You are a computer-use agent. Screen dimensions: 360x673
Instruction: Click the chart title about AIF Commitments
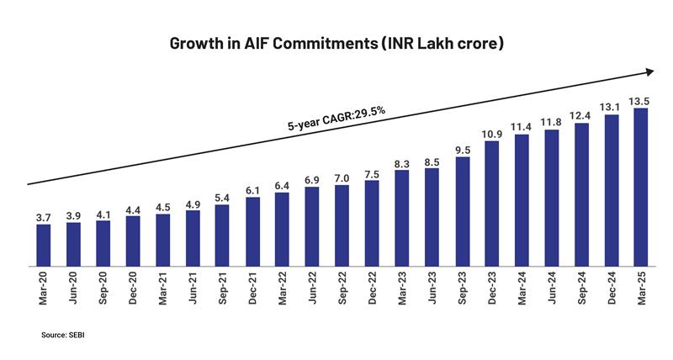click(336, 42)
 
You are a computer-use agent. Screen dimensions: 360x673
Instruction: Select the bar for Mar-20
click(44, 245)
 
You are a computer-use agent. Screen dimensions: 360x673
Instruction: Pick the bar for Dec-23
click(491, 204)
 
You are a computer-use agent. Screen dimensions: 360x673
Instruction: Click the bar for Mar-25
click(641, 187)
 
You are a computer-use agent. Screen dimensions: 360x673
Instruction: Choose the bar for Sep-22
click(342, 225)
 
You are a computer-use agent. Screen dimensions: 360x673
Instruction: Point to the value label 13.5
click(641, 100)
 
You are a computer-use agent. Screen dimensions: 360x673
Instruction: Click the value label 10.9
click(491, 133)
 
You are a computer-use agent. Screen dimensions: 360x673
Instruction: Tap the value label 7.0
click(342, 177)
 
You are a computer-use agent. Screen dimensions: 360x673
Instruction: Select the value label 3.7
click(44, 217)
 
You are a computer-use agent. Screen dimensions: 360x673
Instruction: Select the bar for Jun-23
click(432, 217)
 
